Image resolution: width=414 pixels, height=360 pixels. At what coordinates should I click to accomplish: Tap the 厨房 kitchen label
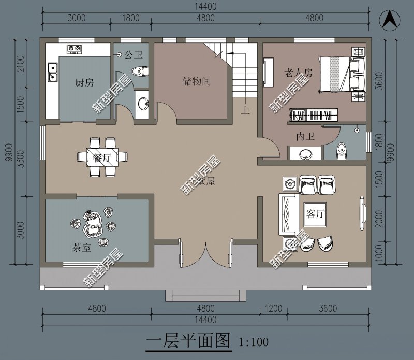[x=84, y=83]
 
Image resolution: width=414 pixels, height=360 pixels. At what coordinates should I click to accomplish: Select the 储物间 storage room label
[x=196, y=82]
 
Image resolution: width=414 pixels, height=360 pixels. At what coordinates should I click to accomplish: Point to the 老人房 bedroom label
[x=298, y=73]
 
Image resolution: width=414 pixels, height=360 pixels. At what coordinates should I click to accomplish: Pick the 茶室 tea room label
[x=81, y=248]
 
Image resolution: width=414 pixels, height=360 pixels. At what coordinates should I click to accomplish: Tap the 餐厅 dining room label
[x=103, y=157]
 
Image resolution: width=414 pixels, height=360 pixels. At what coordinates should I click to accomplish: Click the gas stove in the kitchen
[x=74, y=49]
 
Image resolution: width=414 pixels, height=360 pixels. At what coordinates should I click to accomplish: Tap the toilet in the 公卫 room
[x=138, y=71]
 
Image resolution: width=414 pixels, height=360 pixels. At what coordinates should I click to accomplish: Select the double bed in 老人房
[x=337, y=75]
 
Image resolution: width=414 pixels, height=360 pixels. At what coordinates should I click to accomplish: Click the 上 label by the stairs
[x=246, y=110]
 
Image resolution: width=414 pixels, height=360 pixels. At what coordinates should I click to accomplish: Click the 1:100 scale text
[x=254, y=342]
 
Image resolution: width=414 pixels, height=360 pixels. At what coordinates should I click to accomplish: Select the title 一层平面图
[x=188, y=340]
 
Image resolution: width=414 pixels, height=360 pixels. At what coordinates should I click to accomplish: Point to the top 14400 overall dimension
[x=205, y=7]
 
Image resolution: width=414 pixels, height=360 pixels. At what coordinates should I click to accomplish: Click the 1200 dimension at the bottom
[x=273, y=309]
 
